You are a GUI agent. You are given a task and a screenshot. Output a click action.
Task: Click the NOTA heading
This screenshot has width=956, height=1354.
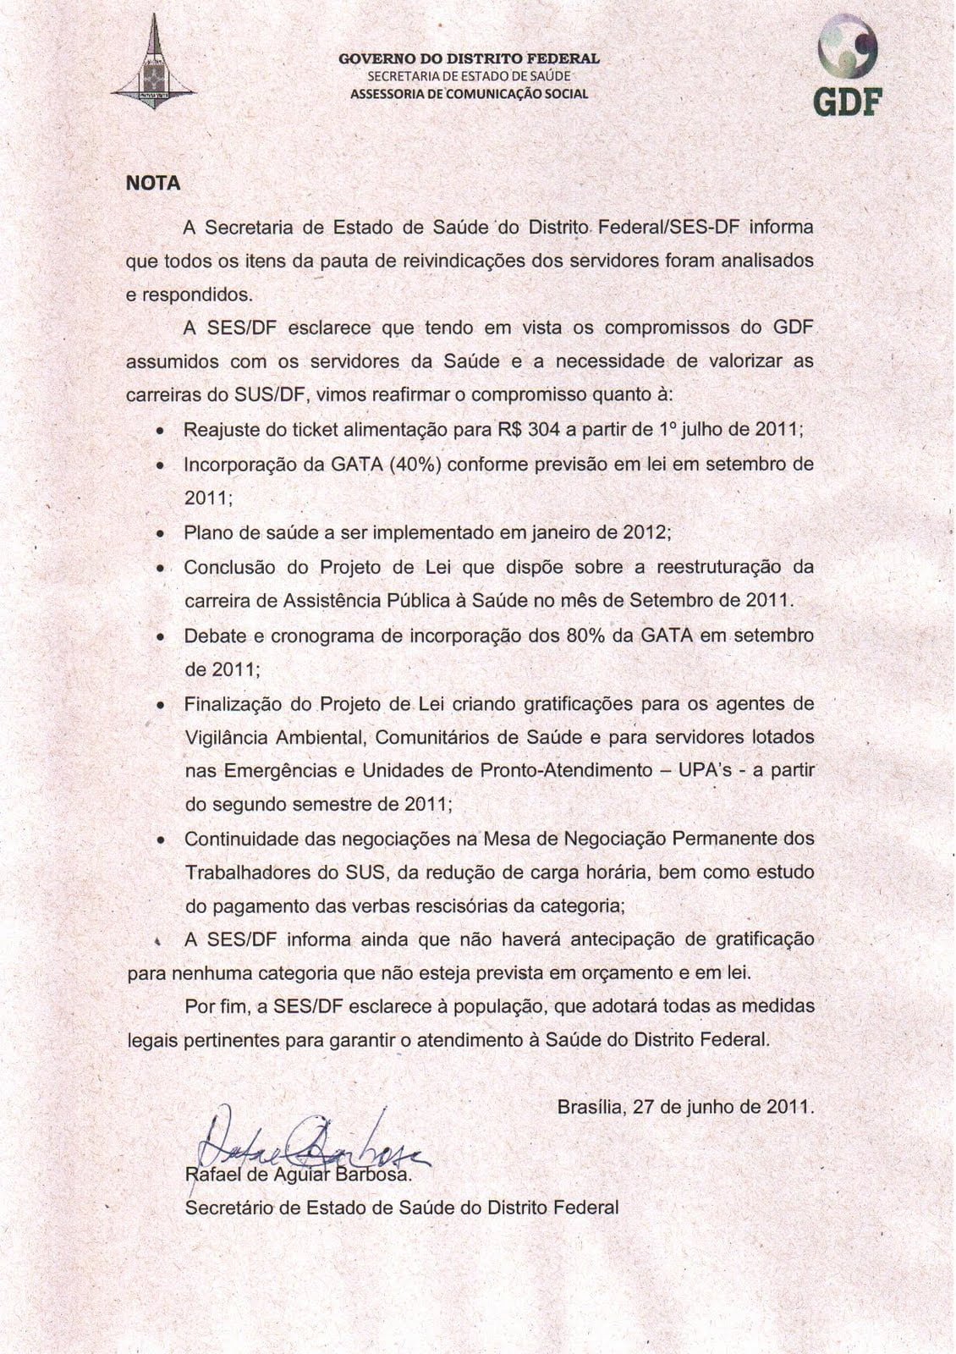[153, 183]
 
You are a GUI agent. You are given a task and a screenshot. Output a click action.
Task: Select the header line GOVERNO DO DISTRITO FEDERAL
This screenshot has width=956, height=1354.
[469, 59]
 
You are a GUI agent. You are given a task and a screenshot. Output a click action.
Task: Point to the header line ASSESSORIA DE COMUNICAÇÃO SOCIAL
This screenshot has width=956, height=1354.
[469, 93]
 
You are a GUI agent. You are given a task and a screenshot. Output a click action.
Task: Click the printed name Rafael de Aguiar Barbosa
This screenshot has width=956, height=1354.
[298, 1175]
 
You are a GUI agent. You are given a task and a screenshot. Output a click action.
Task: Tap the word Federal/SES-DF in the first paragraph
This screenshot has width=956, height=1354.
[672, 228]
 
